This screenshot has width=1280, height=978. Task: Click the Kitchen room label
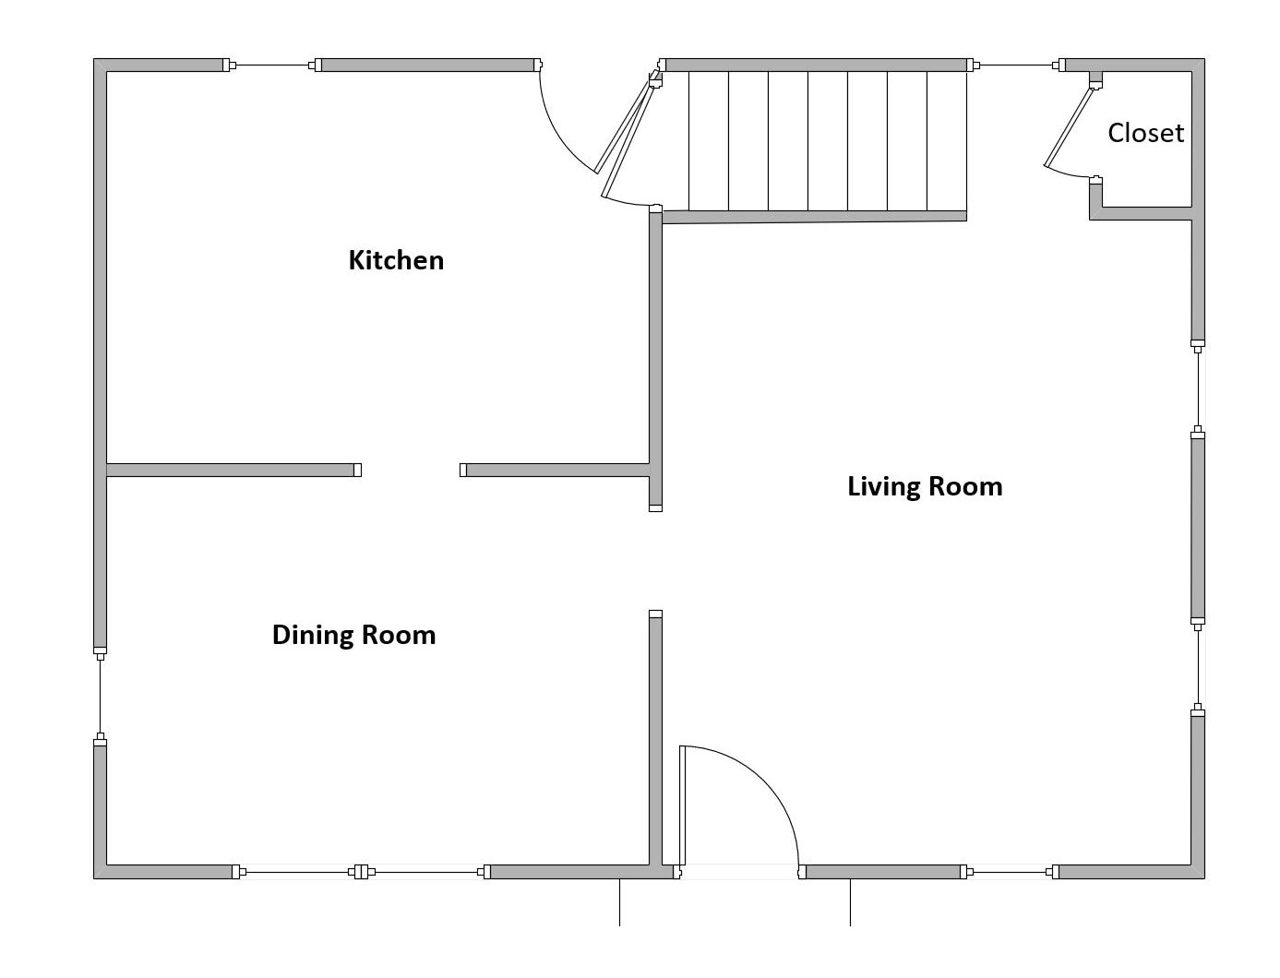click(396, 260)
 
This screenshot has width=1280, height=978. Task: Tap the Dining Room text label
click(353, 635)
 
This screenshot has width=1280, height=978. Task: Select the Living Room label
click(925, 486)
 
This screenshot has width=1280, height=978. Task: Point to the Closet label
click(1145, 133)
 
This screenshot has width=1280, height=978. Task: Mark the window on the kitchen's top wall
click(272, 66)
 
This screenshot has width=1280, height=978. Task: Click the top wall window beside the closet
click(1015, 66)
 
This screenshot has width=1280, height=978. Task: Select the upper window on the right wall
click(1198, 388)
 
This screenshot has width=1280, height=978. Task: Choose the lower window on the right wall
click(1198, 667)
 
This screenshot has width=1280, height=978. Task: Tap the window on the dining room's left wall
click(101, 696)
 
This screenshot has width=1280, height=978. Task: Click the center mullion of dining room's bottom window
click(362, 872)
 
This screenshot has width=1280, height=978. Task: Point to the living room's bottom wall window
click(1010, 872)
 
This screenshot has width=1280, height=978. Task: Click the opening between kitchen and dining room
click(411, 471)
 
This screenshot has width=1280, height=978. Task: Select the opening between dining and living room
click(655, 561)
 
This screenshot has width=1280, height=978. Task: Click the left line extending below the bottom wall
click(619, 902)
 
